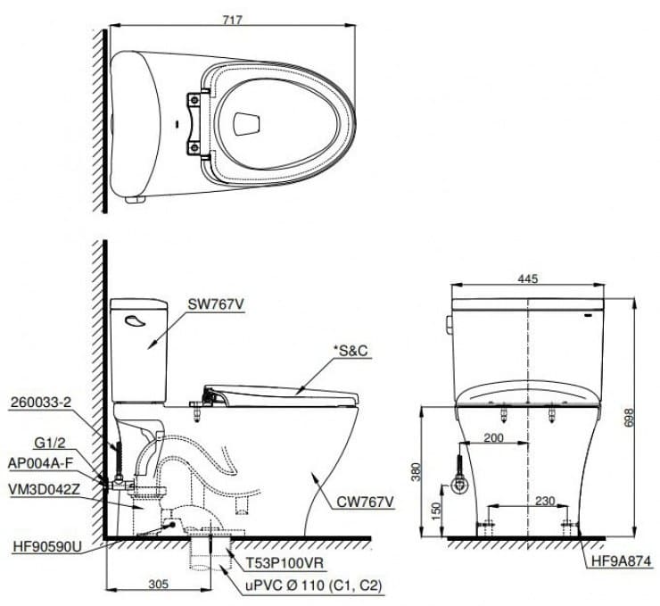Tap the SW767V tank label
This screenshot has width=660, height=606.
click(216, 304)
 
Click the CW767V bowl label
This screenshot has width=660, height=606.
click(363, 502)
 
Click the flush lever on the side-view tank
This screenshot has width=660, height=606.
click(130, 322)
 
